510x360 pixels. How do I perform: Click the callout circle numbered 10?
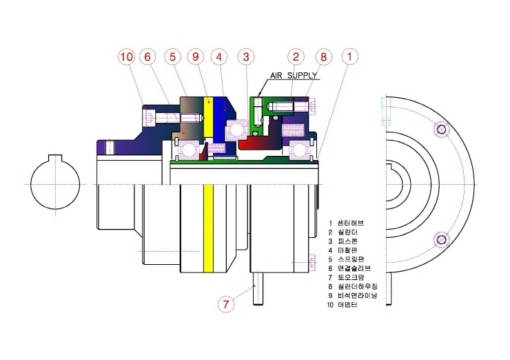click(127, 57)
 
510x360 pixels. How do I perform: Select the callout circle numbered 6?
click(147, 57)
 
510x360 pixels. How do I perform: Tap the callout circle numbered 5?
click(172, 57)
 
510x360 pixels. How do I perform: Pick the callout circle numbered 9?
click(196, 57)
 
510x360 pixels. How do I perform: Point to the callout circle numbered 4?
click(219, 57)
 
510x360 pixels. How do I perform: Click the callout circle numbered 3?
click(246, 57)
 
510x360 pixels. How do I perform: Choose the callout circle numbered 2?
click(296, 57)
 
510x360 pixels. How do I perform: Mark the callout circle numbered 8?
click(323, 57)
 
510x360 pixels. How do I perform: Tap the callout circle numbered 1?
click(350, 57)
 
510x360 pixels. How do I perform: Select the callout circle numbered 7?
click(226, 304)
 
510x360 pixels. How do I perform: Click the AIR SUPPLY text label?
click(294, 75)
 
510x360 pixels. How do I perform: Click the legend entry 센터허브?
click(351, 223)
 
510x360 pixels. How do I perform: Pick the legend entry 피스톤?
click(348, 241)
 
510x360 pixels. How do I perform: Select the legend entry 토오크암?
click(351, 277)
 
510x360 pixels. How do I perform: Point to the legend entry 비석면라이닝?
click(358, 296)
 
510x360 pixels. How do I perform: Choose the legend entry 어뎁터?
click(348, 305)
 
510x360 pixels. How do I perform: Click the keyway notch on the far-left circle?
click(55, 157)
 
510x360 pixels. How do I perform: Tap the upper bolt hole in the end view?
click(441, 130)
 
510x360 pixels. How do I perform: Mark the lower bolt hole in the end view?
click(441, 240)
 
